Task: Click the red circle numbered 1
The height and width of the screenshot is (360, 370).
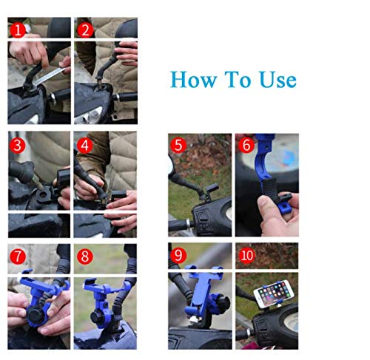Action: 18,30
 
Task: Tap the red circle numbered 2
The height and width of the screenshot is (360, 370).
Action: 85,30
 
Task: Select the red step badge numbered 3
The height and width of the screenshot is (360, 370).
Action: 17,146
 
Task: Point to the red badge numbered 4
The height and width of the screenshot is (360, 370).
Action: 85,146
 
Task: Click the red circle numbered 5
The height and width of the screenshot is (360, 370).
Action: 178,145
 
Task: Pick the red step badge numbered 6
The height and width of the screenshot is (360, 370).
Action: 246,145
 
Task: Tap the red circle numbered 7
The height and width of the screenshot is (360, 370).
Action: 18,257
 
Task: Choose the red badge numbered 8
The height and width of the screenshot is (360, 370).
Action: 85,257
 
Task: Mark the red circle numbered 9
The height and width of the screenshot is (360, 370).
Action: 178,255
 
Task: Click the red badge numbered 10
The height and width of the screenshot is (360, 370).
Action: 246,255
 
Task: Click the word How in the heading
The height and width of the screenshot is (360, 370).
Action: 193,79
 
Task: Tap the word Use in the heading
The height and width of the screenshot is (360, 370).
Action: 277,79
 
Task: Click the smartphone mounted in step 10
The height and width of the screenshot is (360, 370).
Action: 274,293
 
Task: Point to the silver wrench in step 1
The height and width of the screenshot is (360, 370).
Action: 50,76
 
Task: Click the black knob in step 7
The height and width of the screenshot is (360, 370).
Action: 35,316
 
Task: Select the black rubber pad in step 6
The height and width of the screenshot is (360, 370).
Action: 269,189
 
